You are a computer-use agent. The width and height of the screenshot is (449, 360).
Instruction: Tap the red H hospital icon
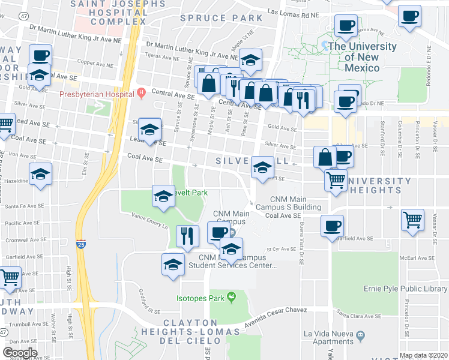(141, 92)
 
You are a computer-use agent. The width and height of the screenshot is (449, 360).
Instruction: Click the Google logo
(20, 353)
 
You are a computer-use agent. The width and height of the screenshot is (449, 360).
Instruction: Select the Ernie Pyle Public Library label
(405, 289)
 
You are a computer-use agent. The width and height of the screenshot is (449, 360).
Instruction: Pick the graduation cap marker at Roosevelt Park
(163, 196)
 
